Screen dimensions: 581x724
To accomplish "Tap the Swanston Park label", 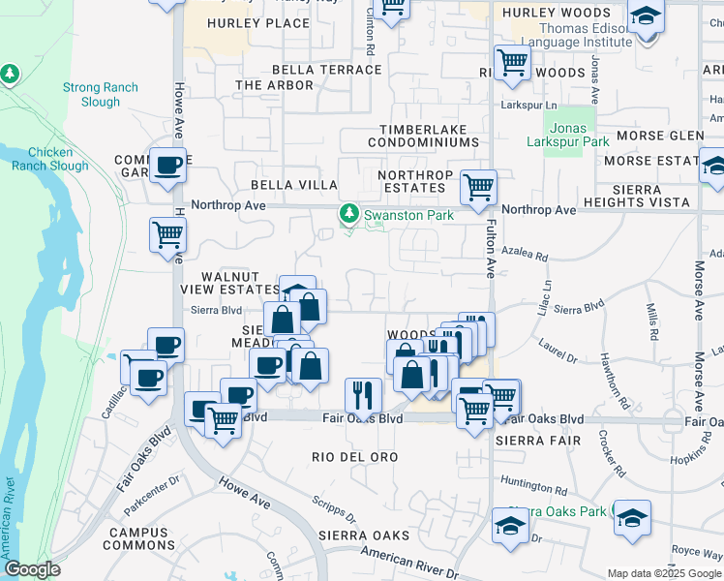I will click(x=407, y=215).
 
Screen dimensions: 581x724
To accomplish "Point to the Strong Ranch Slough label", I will click(x=101, y=94).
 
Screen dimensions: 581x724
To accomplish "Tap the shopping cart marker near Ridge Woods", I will click(x=512, y=63).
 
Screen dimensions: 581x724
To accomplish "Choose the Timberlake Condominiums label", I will click(x=422, y=136).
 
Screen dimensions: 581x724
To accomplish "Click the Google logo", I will click(x=32, y=570).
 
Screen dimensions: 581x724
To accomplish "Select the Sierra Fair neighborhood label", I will click(x=537, y=441).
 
